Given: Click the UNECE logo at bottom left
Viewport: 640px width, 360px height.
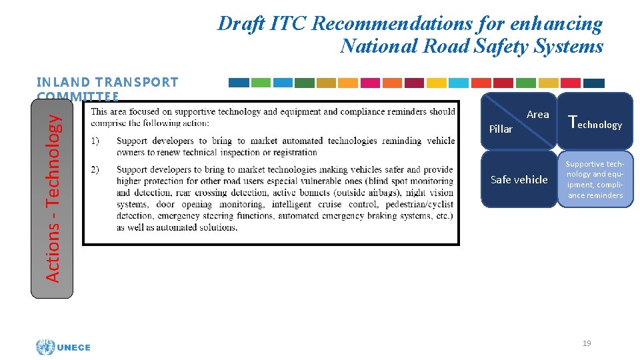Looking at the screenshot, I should pos(64,347).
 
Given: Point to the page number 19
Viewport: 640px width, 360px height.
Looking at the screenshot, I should pos(587,343).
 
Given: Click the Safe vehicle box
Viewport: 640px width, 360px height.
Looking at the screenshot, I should pos(519,179).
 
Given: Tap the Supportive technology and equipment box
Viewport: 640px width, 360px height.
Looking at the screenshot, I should pos(595,179).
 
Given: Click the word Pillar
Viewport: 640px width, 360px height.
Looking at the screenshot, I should pos(501,129).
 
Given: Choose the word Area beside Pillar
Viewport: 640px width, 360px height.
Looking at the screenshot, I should pos(537,115).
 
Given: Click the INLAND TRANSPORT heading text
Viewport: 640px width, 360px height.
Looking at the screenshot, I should pos(107,82).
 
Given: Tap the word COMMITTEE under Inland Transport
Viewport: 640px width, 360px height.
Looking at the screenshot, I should pos(79,95).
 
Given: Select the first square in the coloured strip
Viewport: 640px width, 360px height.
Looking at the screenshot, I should pos(239,83).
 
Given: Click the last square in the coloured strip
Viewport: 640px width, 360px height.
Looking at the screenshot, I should pos(593,83).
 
